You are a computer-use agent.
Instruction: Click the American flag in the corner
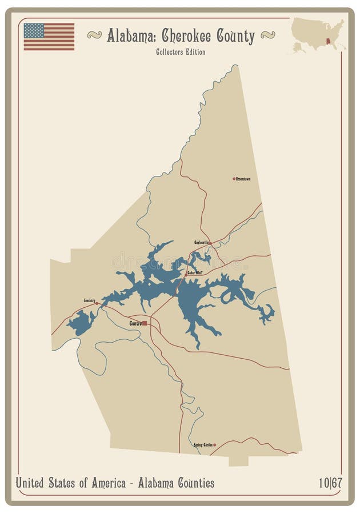click(49, 37)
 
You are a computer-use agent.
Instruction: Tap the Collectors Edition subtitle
click(180, 52)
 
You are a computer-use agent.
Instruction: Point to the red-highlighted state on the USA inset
click(327, 41)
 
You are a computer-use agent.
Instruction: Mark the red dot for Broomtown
click(234, 179)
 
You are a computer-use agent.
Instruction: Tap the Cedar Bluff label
click(195, 272)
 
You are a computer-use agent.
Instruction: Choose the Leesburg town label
click(89, 300)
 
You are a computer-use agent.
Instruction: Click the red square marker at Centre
click(145, 323)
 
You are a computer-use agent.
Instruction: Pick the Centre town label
click(135, 323)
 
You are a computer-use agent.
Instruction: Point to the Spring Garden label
click(203, 444)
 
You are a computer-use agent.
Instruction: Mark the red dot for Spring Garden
click(214, 444)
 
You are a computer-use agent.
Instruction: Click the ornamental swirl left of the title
click(94, 35)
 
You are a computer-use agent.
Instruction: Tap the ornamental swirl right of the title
click(267, 35)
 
